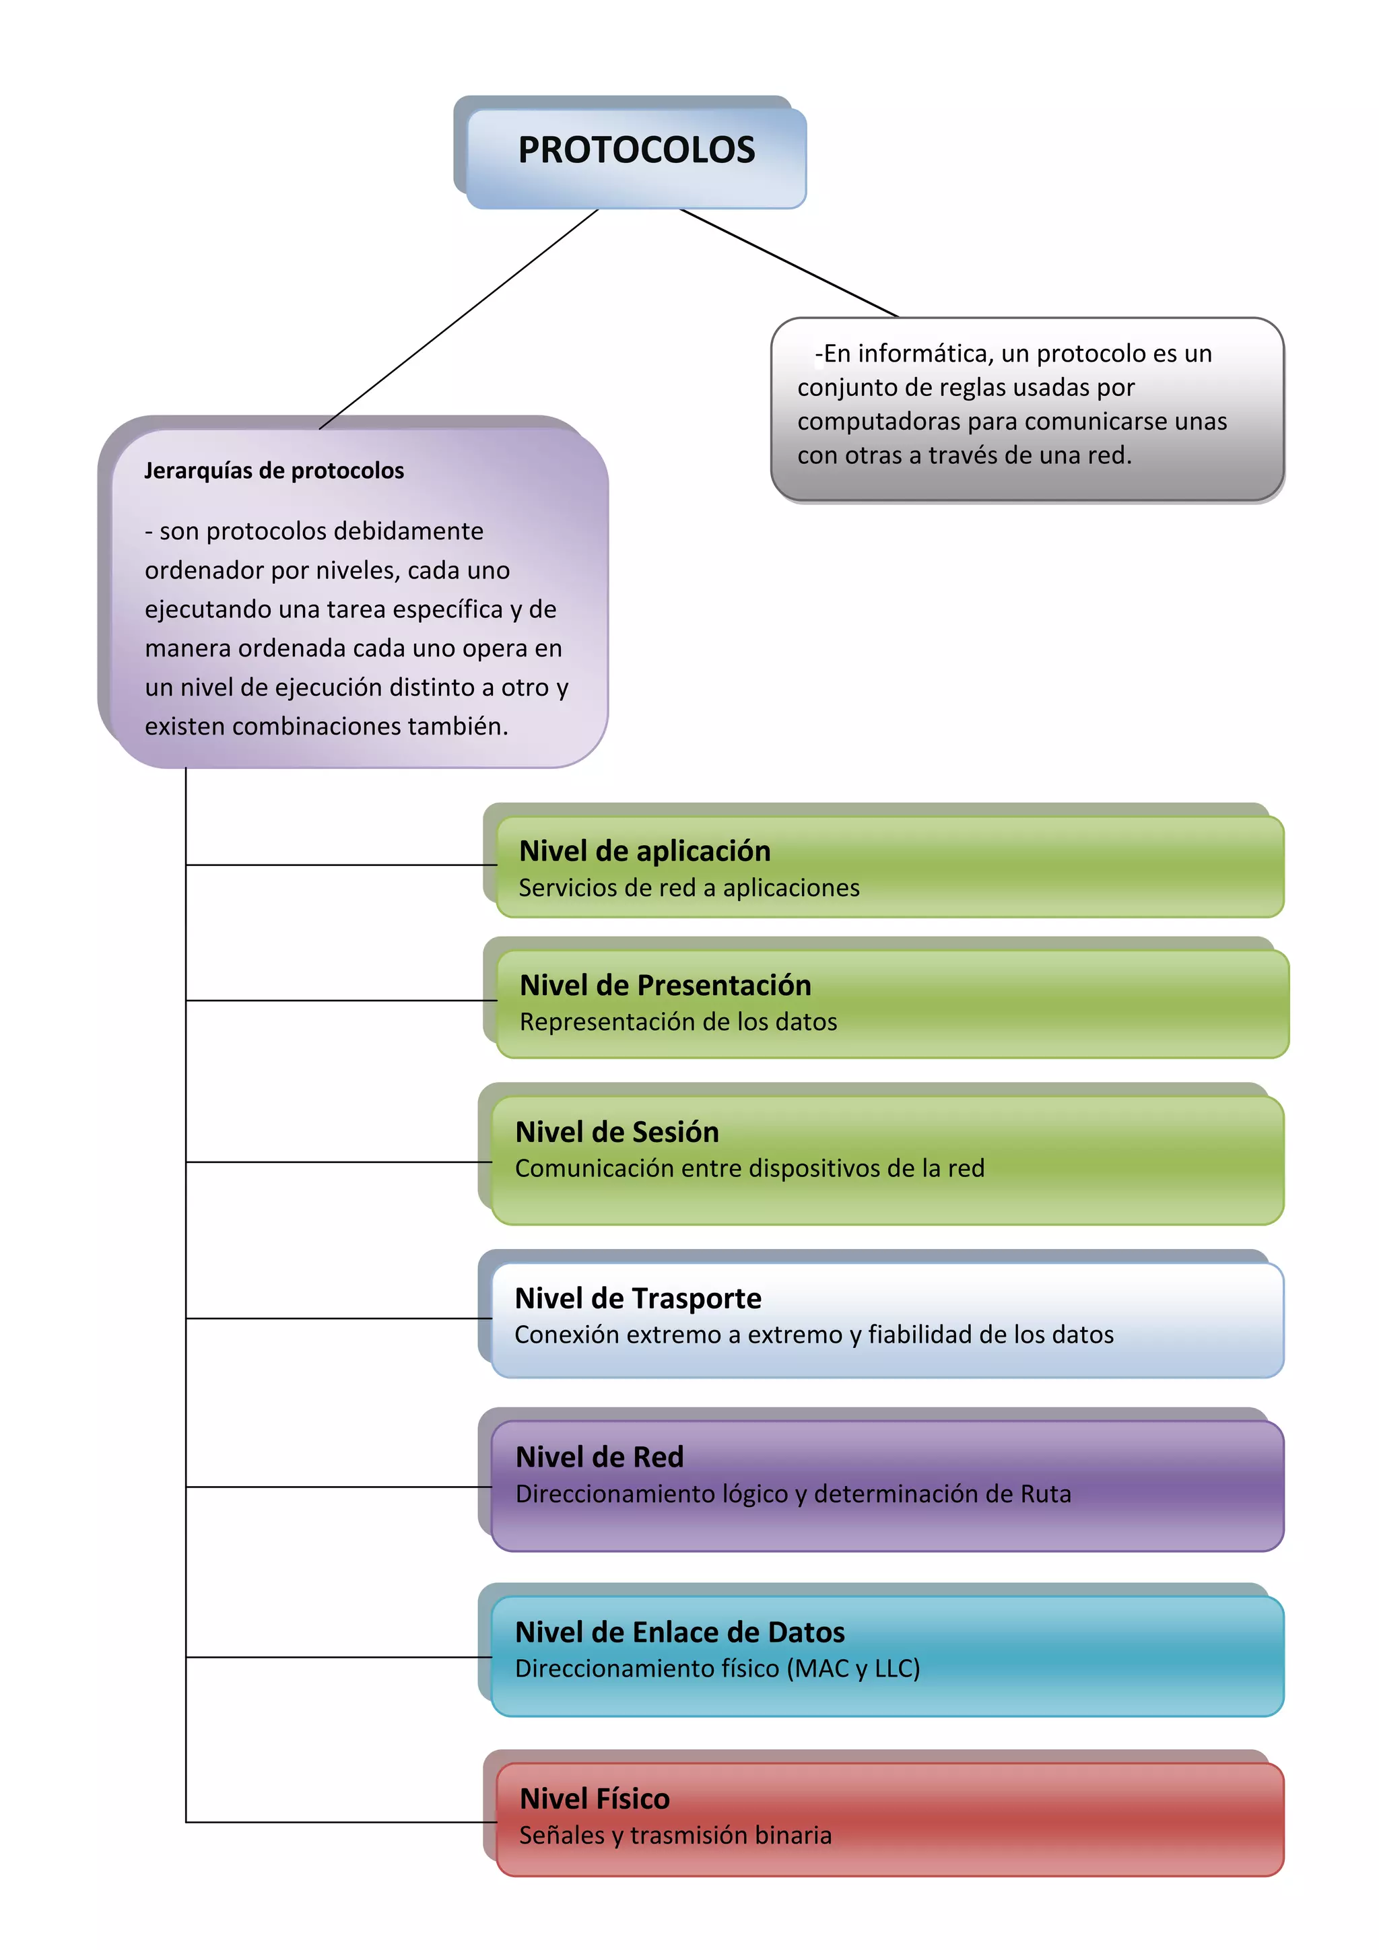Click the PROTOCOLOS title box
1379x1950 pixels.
coord(636,152)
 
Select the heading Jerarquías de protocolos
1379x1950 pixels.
coord(273,471)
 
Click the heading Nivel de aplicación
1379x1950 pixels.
coord(644,851)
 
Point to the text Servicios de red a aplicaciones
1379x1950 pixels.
coord(689,887)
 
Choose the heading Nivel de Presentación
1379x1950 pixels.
coord(665,985)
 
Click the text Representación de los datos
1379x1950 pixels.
coord(677,1021)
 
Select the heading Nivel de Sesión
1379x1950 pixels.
coord(617,1132)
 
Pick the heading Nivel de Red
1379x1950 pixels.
coord(599,1457)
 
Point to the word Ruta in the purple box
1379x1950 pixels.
coord(1045,1494)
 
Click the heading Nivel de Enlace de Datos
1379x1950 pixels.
coord(679,1632)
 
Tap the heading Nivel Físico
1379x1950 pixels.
coord(595,1798)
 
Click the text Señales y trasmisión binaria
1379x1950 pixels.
coord(675,1836)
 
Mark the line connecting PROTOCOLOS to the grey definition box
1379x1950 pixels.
coord(790,263)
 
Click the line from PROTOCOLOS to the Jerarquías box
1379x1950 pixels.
coord(459,319)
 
